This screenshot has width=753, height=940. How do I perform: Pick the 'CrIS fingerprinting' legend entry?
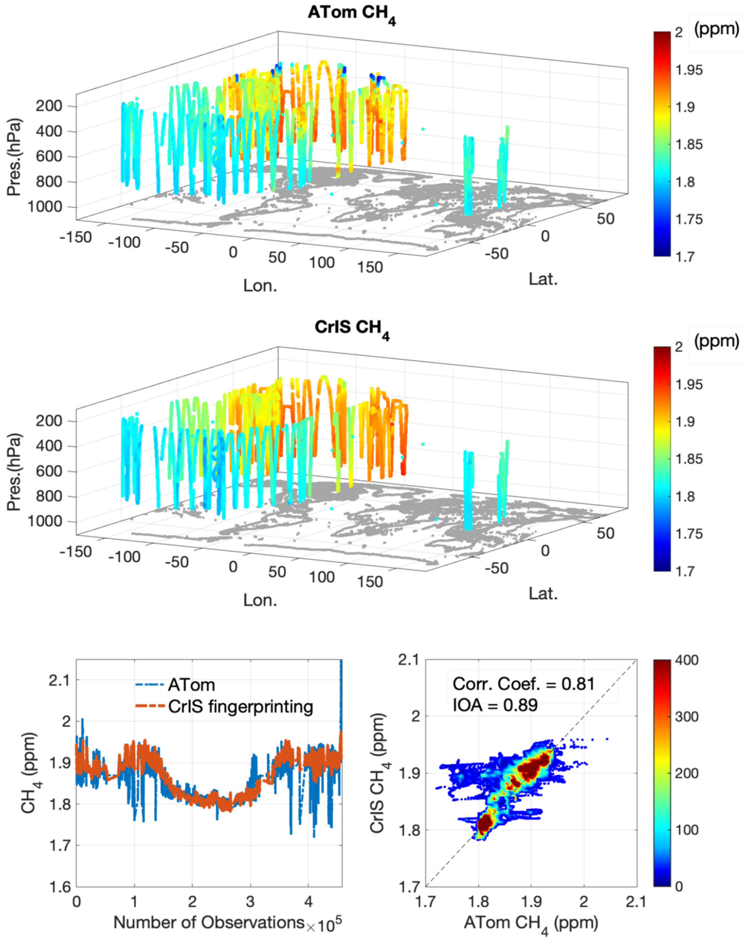tap(240, 706)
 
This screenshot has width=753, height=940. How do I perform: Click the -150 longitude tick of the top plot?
tap(75, 237)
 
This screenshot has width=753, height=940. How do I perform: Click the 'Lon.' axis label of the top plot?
tap(260, 286)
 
